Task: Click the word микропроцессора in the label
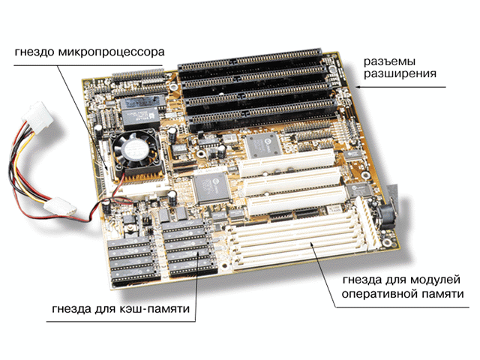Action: [112, 52]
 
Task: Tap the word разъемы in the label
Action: [389, 61]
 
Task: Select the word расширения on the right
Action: [400, 74]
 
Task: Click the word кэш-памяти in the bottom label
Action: [153, 308]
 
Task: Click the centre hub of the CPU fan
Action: [136, 149]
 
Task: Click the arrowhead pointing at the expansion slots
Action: [358, 87]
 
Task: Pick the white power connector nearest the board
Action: [60, 206]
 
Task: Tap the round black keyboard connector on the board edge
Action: [387, 215]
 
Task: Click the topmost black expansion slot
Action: [250, 59]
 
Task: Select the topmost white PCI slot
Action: [286, 163]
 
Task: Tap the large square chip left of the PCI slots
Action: [211, 188]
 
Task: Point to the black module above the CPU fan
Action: [142, 111]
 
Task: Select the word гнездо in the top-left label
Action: [34, 52]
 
